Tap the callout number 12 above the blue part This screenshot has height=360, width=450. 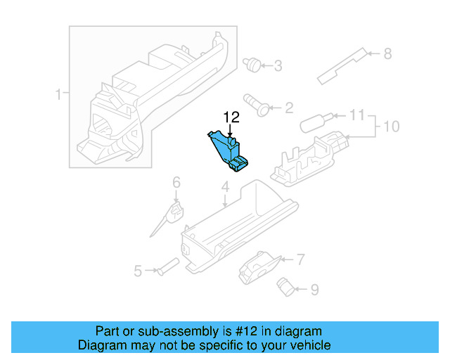click(231, 117)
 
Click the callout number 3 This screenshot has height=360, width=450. click(278, 66)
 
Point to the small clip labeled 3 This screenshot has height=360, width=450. click(250, 65)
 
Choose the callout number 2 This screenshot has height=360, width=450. click(288, 108)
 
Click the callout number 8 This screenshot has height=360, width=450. click(386, 53)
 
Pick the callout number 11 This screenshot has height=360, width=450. click(358, 115)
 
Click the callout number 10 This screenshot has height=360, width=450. click(391, 127)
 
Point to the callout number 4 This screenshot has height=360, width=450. click(225, 187)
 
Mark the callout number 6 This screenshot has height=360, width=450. click(176, 182)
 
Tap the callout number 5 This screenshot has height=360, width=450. click(139, 271)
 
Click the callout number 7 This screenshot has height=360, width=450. click(300, 259)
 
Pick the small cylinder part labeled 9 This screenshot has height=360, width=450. click(286, 285)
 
